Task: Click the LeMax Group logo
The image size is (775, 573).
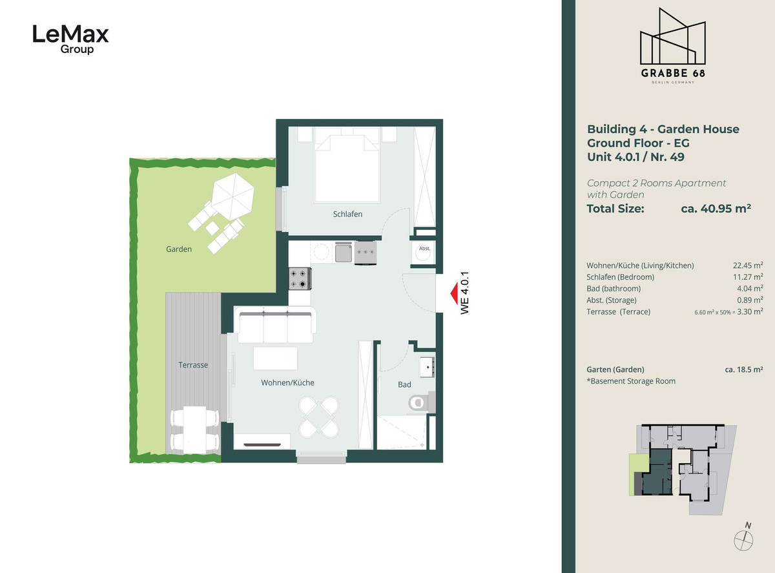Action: [x=70, y=39]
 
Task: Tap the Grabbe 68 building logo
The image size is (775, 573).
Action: [x=672, y=45]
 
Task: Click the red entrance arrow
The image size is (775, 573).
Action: [x=454, y=293]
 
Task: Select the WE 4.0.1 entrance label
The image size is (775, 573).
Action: [x=465, y=293]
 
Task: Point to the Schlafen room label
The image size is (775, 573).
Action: [x=347, y=214]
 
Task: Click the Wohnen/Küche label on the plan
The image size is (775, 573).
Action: [x=287, y=383]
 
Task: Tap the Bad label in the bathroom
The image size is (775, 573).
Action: [x=404, y=384]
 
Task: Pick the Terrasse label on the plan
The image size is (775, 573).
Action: [x=193, y=365]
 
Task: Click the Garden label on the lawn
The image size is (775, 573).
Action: [x=178, y=249]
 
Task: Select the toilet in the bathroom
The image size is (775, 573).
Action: [x=420, y=402]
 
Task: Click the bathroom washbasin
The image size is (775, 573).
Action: [x=427, y=367]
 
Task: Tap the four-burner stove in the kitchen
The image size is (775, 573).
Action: [x=300, y=278]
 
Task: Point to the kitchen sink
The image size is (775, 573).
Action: [x=344, y=252]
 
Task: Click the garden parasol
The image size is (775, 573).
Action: [x=232, y=196]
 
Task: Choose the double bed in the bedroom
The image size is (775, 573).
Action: [x=347, y=165]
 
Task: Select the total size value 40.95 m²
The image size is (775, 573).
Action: [x=716, y=209]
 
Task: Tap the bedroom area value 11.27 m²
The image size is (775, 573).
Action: [x=748, y=277]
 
